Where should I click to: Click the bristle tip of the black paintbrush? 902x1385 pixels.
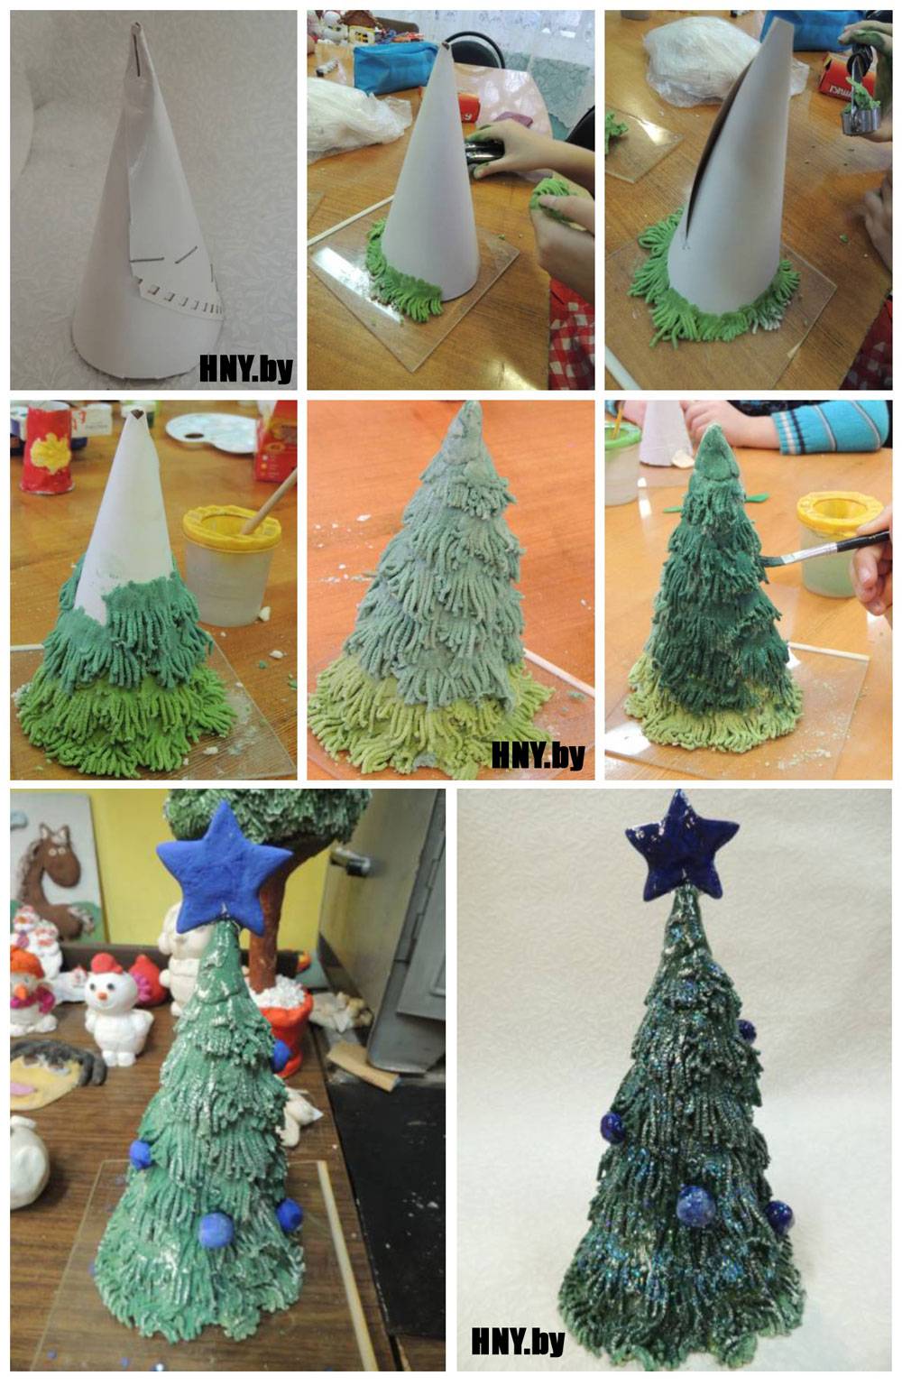tap(766, 560)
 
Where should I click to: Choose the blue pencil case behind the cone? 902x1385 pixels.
tap(396, 66)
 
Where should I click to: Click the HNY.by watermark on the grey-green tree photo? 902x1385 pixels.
tap(538, 755)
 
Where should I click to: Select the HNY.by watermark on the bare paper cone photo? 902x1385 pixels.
tap(245, 368)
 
